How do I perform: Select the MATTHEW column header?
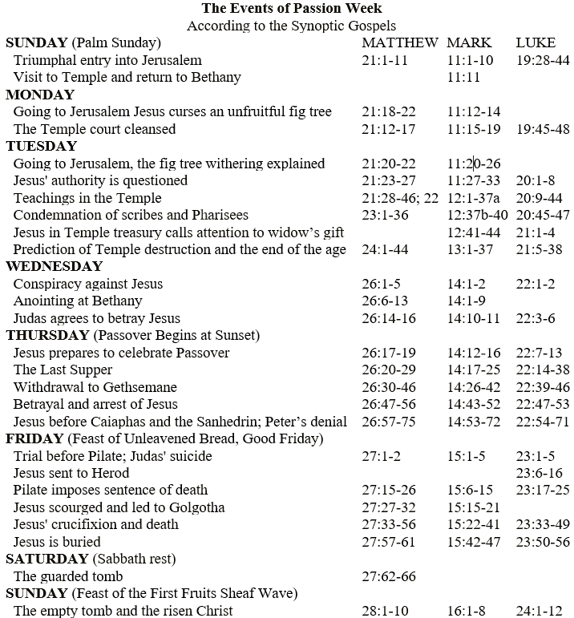(400, 43)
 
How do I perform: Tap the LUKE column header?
(536, 43)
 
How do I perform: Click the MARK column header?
(469, 43)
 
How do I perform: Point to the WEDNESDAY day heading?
(55, 267)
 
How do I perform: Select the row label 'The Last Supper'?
(63, 370)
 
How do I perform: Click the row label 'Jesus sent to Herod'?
(72, 473)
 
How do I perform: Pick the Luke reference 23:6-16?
(543, 473)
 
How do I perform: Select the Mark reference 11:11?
(463, 78)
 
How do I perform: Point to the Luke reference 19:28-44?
(543, 61)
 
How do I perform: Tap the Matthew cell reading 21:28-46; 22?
(400, 198)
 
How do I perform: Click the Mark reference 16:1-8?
(467, 611)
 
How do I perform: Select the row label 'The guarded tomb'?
(68, 576)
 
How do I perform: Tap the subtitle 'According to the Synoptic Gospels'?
(291, 26)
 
